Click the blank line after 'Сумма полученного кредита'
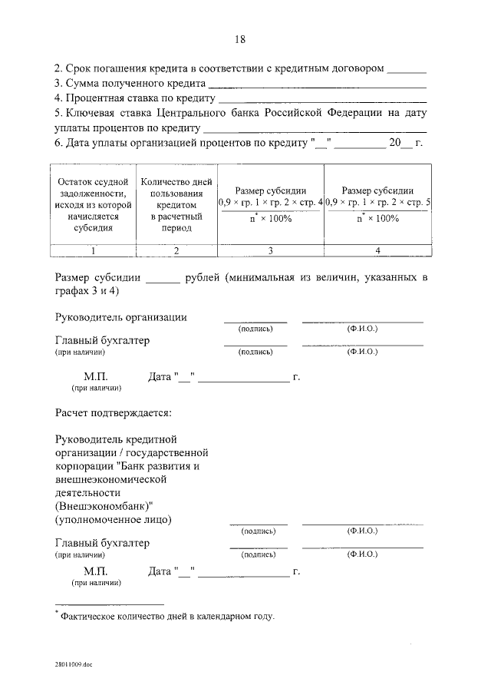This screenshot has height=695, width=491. click(317, 85)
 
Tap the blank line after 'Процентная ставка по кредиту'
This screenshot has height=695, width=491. click(323, 100)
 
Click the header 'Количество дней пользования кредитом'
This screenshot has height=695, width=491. click(176, 205)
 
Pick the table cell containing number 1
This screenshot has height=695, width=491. click(93, 250)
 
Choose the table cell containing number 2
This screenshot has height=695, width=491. click(176, 250)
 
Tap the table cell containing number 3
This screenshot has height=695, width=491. click(271, 250)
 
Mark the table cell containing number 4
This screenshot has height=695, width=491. click(377, 250)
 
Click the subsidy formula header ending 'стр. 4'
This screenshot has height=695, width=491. click(271, 204)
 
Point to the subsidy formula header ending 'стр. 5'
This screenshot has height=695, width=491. click(377, 204)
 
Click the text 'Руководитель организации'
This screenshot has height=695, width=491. click(121, 317)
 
